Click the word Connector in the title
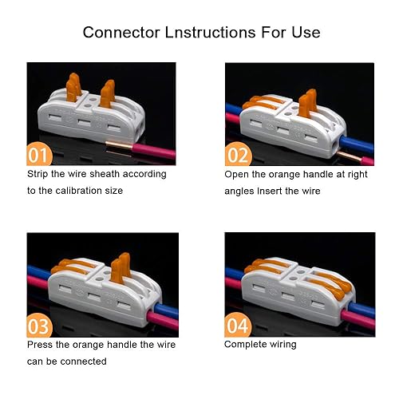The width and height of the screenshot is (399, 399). point(121,33)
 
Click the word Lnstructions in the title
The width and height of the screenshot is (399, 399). point(210,33)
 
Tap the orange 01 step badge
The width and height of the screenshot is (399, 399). point(39,154)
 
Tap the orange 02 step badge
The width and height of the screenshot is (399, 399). point(238,154)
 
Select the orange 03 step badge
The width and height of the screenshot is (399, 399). point(39,325)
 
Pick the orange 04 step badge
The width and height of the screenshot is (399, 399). point(238,325)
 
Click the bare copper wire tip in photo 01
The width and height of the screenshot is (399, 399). point(119,145)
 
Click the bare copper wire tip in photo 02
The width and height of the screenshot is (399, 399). point(349,156)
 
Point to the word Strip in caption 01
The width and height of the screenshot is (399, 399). point(38,174)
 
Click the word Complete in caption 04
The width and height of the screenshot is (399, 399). point(245,345)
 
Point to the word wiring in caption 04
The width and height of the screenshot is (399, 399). point(283,345)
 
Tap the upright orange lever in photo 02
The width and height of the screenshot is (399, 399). point(307,103)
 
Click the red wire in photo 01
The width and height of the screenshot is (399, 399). point(154,152)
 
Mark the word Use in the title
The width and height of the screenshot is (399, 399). point(306,33)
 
